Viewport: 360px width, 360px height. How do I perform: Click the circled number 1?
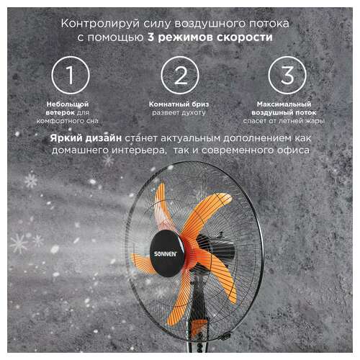pos(70,75)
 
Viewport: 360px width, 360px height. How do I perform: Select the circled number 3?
pos(286,75)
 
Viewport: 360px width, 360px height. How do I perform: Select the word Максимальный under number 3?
pos(286,104)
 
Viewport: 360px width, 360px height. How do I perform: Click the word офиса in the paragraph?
pos(292,150)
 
